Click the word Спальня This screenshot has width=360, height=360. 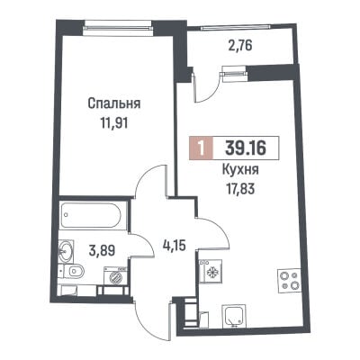tap(114, 104)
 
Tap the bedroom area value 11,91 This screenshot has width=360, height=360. tap(114, 123)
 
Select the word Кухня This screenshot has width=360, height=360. tap(240, 170)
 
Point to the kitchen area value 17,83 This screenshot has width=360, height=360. tap(240, 189)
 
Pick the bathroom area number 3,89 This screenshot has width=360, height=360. tap(102, 250)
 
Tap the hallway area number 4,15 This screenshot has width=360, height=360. tap(174, 246)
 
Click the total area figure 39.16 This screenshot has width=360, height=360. tap(246, 148)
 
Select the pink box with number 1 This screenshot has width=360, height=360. tap(201, 148)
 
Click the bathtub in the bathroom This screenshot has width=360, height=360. tap(91, 215)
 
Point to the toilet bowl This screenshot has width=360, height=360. tap(74, 272)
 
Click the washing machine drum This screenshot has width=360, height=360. tap(115, 276)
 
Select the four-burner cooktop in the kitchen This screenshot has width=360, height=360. tap(289, 280)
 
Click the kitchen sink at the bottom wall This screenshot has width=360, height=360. tap(234, 316)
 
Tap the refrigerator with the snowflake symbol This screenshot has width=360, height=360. tap(211, 271)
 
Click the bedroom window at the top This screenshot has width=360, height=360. tap(119, 27)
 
